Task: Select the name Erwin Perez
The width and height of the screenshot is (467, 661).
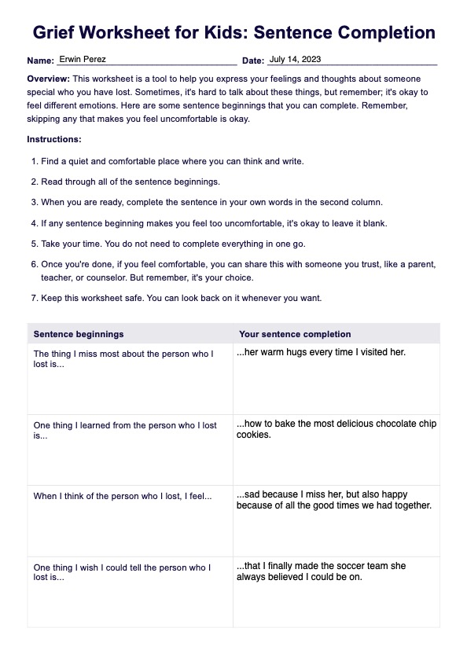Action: [x=83, y=59]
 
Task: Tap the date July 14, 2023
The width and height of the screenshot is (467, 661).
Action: [x=295, y=59]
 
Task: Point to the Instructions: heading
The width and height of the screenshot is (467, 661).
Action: [x=54, y=139]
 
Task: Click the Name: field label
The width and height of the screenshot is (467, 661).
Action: [x=40, y=61]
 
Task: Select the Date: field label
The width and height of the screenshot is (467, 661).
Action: [x=252, y=61]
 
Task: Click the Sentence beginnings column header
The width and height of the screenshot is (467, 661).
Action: [x=79, y=334]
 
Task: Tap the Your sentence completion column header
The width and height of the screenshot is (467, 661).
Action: [x=295, y=334]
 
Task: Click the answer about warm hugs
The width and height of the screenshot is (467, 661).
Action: [x=321, y=352]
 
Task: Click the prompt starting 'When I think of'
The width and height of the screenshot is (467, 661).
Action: [x=123, y=496]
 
